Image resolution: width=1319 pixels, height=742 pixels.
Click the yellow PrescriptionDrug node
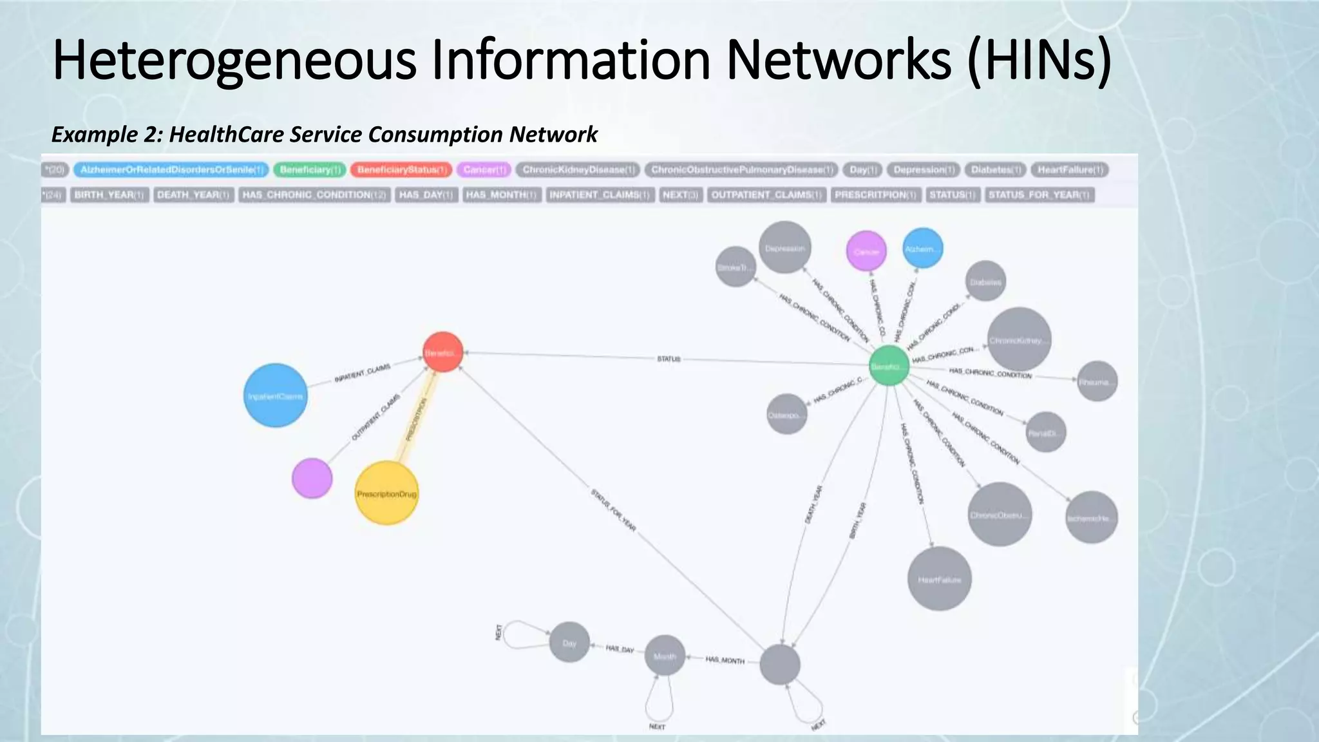[x=386, y=493]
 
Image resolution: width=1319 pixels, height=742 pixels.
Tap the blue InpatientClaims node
[x=276, y=395]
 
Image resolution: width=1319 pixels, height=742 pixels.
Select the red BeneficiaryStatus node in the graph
[x=442, y=352]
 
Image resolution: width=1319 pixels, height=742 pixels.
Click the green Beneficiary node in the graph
[x=889, y=366]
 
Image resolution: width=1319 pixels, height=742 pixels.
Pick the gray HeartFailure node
[x=939, y=579]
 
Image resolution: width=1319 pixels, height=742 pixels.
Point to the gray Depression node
[x=784, y=248]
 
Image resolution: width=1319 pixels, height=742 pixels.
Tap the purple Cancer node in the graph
[x=866, y=251]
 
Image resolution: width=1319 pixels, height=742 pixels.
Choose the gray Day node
[x=569, y=642]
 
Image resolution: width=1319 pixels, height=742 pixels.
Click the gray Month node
[x=665, y=656]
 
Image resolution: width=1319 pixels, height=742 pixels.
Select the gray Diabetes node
[x=985, y=281]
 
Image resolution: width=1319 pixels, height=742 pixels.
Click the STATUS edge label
[x=669, y=359]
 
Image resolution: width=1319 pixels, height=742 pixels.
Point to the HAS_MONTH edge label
[x=725, y=660]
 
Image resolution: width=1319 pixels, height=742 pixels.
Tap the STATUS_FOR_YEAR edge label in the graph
[x=613, y=511]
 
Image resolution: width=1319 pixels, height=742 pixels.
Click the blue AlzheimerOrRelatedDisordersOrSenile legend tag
[x=171, y=170]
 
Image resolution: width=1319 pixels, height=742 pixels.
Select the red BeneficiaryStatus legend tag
[x=401, y=170]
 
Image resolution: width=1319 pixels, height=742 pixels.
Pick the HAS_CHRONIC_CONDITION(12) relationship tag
[x=314, y=195]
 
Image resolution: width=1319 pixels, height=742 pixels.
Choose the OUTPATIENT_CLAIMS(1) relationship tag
[x=766, y=195]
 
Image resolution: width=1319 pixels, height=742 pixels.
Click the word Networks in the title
[x=839, y=60]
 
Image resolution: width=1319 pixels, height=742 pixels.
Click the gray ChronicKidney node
[x=1019, y=340]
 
